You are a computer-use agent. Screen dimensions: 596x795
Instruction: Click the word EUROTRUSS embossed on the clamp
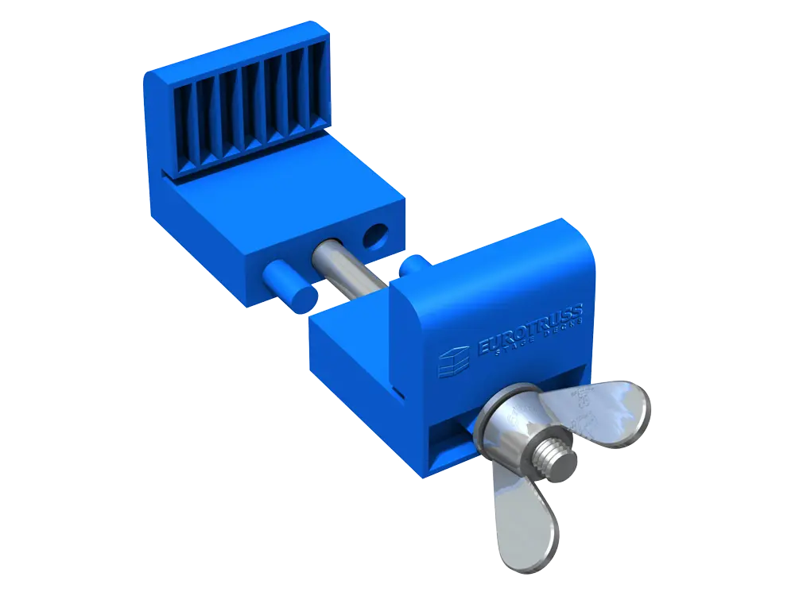530,325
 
